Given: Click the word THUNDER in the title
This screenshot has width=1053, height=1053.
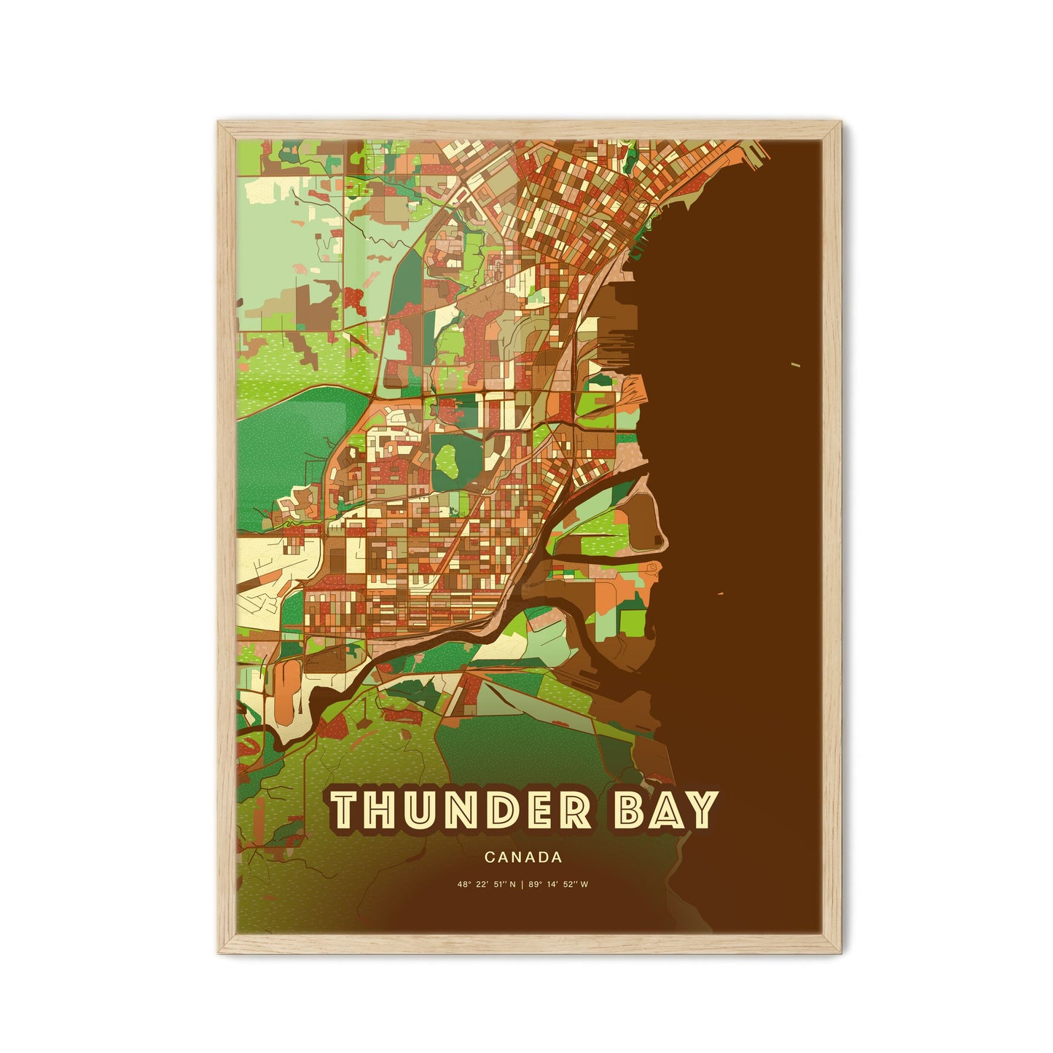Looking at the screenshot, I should click(462, 810).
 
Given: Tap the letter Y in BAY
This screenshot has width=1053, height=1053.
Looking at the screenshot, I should click(699, 810).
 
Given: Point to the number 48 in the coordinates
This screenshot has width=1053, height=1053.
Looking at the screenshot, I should click(462, 885).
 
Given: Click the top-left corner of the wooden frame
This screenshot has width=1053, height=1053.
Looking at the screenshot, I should click(218, 121).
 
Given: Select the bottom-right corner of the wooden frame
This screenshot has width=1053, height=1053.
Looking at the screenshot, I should click(840, 952).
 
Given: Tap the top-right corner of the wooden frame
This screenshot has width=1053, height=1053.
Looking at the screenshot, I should click(840, 121).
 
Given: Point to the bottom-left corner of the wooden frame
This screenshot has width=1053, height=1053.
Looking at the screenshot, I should click(218, 952).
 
